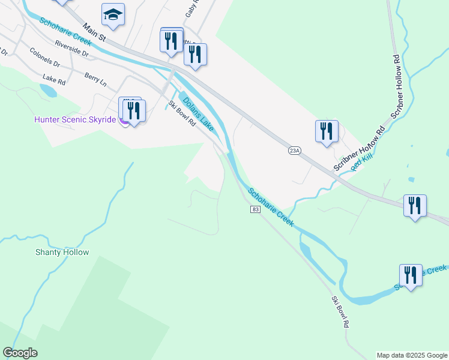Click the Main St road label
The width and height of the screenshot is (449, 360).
point(94,33)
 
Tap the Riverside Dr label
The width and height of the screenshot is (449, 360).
point(71,49)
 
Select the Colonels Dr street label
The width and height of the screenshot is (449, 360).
point(44,58)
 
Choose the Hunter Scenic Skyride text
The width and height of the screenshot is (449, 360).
point(74,119)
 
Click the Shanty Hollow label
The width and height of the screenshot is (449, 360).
point(62,253)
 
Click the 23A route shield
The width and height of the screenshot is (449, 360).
point(294,151)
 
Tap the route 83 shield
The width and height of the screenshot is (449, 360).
point(256,209)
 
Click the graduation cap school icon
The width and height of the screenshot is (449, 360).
point(112,14)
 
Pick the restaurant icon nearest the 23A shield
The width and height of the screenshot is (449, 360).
point(327,131)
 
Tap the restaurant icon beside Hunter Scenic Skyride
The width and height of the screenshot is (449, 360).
point(134,110)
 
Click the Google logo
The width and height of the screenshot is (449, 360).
point(20,353)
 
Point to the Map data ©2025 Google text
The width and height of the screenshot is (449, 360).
point(411,355)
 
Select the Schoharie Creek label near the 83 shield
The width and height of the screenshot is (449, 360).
point(271,208)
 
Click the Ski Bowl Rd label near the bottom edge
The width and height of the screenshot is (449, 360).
point(340,311)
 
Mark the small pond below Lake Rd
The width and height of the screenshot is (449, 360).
point(49,91)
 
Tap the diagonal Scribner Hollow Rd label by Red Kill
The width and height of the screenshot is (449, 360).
point(359,152)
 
